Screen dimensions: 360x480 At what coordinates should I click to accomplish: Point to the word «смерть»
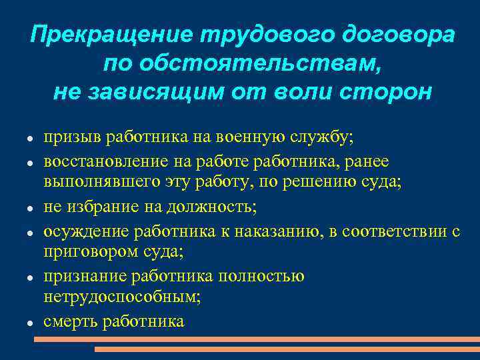coord(69,321)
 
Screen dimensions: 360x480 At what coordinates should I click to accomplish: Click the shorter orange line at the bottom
coord(286,349)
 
